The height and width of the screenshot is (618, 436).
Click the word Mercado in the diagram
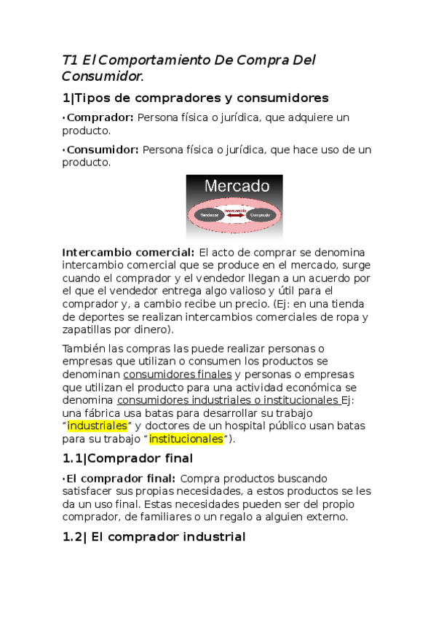pos(236,187)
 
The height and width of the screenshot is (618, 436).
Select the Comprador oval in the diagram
pos(259,215)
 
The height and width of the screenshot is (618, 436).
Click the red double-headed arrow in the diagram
pos(234,215)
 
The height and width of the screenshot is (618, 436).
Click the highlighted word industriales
pos(97,426)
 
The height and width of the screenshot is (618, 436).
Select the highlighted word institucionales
pos(186,439)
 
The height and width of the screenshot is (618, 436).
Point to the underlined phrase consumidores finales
pos(180,375)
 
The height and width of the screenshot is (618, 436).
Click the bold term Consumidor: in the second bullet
pos(103,150)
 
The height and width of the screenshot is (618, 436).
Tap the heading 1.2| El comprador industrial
pos(154,537)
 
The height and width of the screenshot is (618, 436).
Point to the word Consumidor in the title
pos(101,76)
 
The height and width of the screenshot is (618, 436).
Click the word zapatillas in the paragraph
pos(87,329)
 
